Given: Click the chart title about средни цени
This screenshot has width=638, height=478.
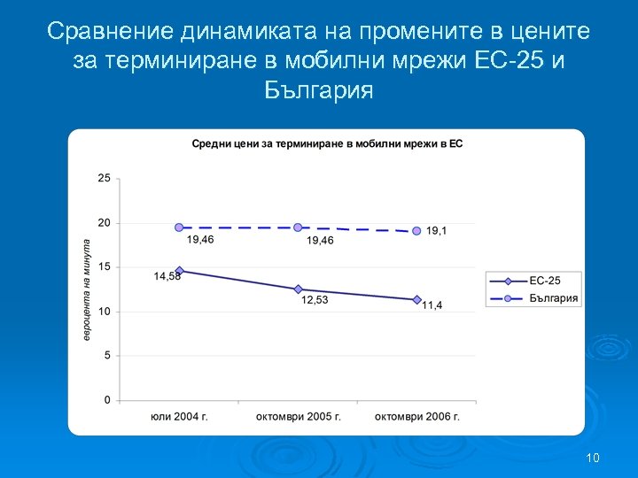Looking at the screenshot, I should click(328, 143).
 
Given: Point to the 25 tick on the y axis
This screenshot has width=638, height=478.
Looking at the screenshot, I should click(105, 178).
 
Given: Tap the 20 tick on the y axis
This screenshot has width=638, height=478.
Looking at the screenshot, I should click(105, 223).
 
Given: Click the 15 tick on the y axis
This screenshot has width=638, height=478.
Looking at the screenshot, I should click(105, 267).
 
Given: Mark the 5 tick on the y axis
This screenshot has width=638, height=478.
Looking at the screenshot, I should click(107, 356).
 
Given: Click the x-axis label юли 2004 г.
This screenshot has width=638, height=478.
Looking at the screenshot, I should click(179, 416).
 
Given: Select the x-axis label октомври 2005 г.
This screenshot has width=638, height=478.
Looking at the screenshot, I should click(298, 416).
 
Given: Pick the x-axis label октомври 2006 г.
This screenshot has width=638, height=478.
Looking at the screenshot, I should click(416, 416).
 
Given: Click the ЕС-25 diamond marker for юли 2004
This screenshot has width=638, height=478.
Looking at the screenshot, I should click(179, 271).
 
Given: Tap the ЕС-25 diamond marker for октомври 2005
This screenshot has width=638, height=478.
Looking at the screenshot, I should click(298, 289).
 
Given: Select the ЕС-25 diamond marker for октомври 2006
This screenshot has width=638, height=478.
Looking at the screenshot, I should click(416, 299).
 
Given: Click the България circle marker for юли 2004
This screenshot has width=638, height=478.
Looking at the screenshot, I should click(179, 227).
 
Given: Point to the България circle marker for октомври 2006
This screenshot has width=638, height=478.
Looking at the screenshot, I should click(416, 231).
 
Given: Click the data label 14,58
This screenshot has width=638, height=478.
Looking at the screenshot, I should click(168, 277).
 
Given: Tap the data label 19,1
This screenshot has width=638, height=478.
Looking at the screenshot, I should click(436, 230).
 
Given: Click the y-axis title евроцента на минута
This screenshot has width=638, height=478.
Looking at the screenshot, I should click(88, 289).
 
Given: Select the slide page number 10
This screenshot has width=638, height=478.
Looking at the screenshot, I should click(593, 458).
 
